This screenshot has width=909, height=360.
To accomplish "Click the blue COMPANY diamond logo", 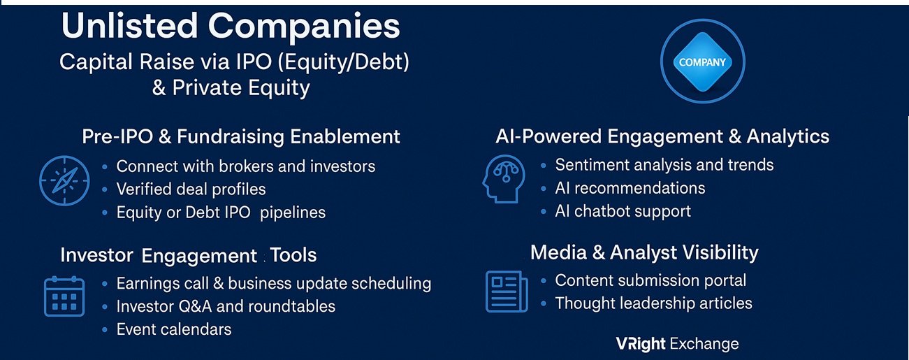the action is tap(702, 62).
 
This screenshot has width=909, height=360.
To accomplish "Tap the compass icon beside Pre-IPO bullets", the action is tap(64, 180).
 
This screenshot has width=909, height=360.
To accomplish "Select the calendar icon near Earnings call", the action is tap(64, 296).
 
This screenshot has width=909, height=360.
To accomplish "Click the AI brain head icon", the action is tap(504, 178).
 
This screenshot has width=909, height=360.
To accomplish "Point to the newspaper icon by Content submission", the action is tap(507, 291).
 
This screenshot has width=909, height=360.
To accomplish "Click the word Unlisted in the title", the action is tap(129, 26).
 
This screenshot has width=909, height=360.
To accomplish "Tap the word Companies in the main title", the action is tap(304, 27).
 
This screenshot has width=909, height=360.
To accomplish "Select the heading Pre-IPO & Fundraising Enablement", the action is tap(241, 136).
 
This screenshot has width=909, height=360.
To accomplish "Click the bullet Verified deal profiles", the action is tap(191, 189).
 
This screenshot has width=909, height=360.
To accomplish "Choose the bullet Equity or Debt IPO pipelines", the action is tap(221, 213).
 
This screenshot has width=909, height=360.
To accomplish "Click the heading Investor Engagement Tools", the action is tap(188, 255).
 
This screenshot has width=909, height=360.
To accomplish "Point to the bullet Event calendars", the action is tap(174, 329).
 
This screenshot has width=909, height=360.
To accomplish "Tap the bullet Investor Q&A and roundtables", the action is tap(226, 306).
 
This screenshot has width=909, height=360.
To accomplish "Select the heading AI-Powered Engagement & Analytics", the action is tap(662, 136).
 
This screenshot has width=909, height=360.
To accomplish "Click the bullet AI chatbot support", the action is tap(623, 211).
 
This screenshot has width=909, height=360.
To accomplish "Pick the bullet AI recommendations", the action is tap(630, 188).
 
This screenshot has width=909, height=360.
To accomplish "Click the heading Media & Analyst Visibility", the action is tap(644, 252).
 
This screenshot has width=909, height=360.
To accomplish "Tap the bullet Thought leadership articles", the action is tap(654, 303).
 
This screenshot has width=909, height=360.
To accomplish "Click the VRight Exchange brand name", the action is tap(677, 344).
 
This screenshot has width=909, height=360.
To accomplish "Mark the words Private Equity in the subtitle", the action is tap(241, 87).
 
